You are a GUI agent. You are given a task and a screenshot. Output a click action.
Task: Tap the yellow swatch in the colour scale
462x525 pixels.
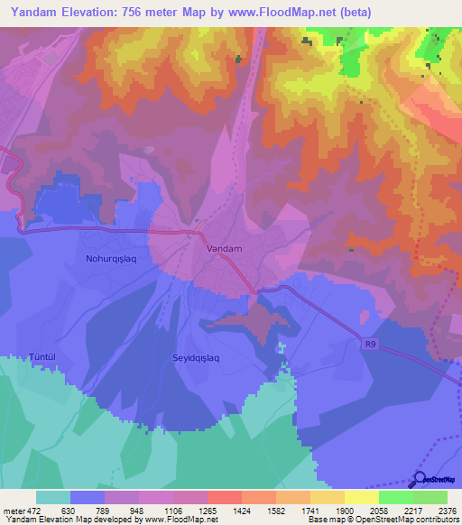pos(361,497)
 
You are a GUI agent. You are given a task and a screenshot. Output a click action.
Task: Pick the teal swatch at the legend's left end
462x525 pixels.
pos(53,497)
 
